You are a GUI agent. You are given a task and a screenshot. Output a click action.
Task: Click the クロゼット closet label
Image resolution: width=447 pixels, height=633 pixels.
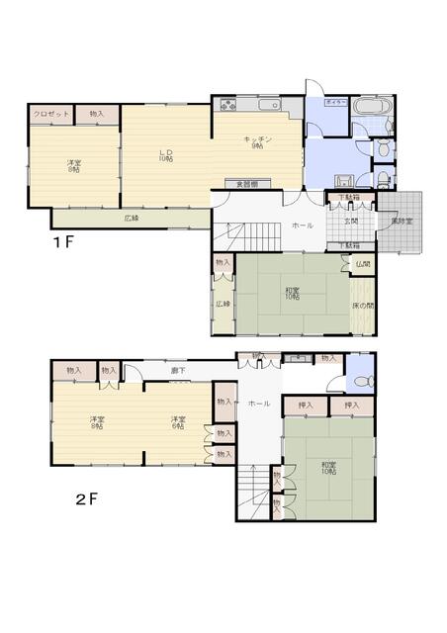50,115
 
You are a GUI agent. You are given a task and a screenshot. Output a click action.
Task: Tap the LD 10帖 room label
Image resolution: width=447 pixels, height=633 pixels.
166,155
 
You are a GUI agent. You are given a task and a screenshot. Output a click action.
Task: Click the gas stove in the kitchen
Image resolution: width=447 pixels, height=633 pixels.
227,105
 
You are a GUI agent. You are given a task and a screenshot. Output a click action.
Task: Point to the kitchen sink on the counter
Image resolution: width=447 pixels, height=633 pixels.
269,105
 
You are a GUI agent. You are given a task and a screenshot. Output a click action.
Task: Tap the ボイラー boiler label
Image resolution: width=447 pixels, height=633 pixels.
336,102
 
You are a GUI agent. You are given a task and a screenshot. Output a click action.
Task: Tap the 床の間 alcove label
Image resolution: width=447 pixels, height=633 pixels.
363,305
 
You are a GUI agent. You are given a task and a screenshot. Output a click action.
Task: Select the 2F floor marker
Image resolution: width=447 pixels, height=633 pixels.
87,499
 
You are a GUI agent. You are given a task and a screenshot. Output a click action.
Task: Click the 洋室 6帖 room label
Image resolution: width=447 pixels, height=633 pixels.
178,421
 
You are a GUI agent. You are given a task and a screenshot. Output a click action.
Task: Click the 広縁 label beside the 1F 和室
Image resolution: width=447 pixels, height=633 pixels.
223,304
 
